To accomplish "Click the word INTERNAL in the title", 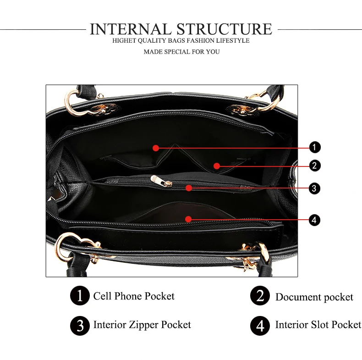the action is [x=130, y=29].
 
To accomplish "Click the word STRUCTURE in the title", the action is [x=225, y=29].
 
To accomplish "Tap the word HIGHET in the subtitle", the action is [x=124, y=40].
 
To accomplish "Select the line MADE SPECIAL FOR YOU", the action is [x=182, y=52].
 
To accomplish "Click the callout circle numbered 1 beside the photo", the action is [x=315, y=147].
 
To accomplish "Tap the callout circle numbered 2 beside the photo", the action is [x=315, y=166].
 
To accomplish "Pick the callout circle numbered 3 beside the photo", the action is [x=314, y=188].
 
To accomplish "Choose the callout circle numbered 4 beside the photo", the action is [x=314, y=220].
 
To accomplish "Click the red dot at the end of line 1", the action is [x=156, y=148].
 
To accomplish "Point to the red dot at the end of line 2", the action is [x=217, y=166].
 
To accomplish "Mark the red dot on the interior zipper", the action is [x=189, y=188].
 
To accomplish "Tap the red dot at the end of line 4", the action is [x=188, y=219].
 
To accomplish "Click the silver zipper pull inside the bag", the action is [x=161, y=181].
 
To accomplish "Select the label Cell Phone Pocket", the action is [x=134, y=296].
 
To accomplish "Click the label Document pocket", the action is [x=314, y=297].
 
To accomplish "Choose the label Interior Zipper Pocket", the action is [x=142, y=325].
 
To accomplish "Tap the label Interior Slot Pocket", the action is [x=318, y=324].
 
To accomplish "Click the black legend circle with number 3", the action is [x=80, y=326].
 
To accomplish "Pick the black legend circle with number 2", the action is [x=260, y=295].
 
